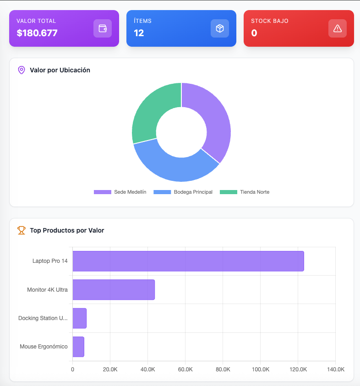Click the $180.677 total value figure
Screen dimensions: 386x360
pos(37,33)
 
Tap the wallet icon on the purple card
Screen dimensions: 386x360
pos(103,28)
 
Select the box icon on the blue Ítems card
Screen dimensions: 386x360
pos(220,28)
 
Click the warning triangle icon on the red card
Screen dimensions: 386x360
pos(338,28)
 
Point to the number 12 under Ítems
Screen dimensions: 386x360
pos(139,33)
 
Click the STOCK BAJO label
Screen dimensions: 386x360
pos(270,21)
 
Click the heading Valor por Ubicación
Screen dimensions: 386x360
pos(60,70)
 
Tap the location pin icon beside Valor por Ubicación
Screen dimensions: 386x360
pos(21,70)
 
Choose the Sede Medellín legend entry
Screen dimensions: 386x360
pos(120,192)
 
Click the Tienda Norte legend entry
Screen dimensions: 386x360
pos(245,192)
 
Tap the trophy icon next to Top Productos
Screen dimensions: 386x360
pos(22,230)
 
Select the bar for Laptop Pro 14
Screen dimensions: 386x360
pos(188,261)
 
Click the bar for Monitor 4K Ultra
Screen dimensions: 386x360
pos(114,290)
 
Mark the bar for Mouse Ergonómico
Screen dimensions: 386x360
pos(78,347)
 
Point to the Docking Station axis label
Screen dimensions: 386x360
pos(43,318)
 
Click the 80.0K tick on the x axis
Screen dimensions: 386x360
pos(223,370)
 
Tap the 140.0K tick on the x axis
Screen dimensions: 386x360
pos(335,370)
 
